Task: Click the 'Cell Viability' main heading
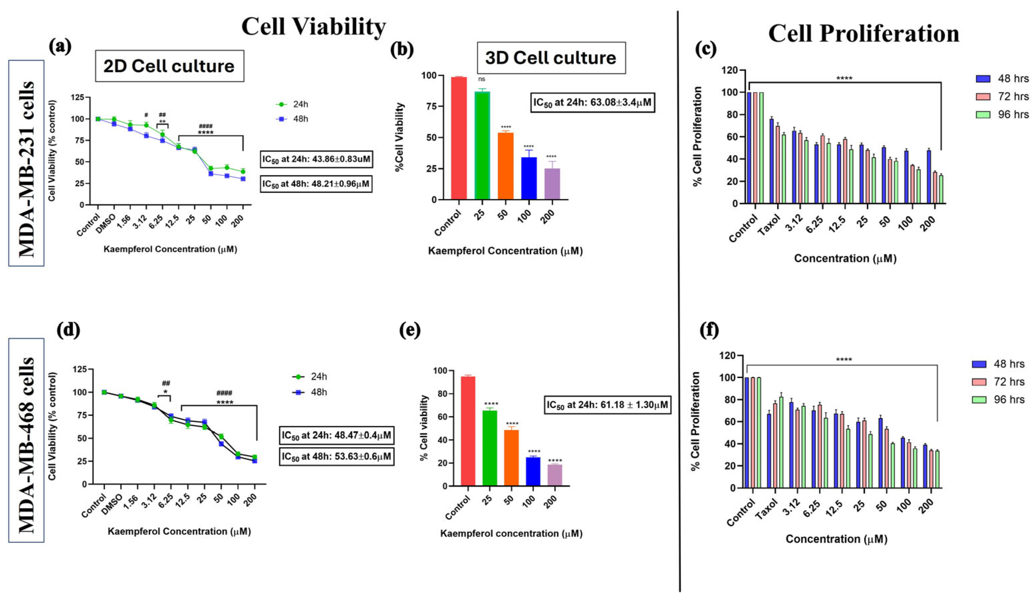click(314, 27)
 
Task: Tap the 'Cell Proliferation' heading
click(864, 34)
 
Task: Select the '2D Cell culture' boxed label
click(170, 66)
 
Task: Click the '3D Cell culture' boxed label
click(551, 58)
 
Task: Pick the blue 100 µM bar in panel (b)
click(529, 178)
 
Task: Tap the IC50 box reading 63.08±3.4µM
click(592, 102)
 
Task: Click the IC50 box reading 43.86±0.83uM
click(317, 159)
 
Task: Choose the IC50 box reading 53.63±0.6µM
click(336, 456)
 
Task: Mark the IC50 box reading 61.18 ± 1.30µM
click(607, 405)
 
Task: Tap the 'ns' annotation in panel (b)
click(482, 79)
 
